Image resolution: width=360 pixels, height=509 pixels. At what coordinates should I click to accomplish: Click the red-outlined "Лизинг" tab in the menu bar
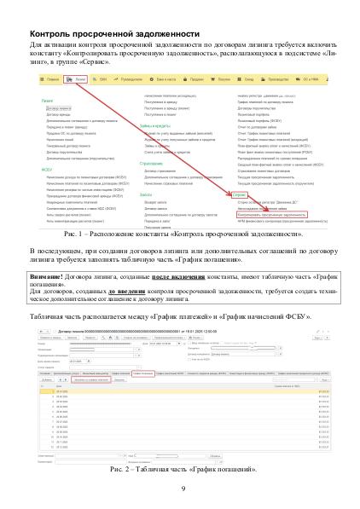point(80,78)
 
